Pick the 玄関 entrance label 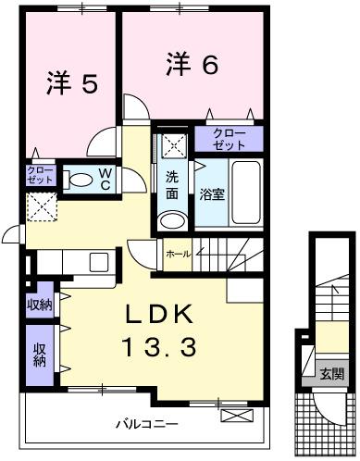(x=332, y=374)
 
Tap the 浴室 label (x=207, y=194)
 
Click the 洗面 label (x=172, y=184)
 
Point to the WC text (x=106, y=180)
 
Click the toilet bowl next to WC (x=81, y=180)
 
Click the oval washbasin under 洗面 (x=169, y=219)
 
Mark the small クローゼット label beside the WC (x=41, y=175)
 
